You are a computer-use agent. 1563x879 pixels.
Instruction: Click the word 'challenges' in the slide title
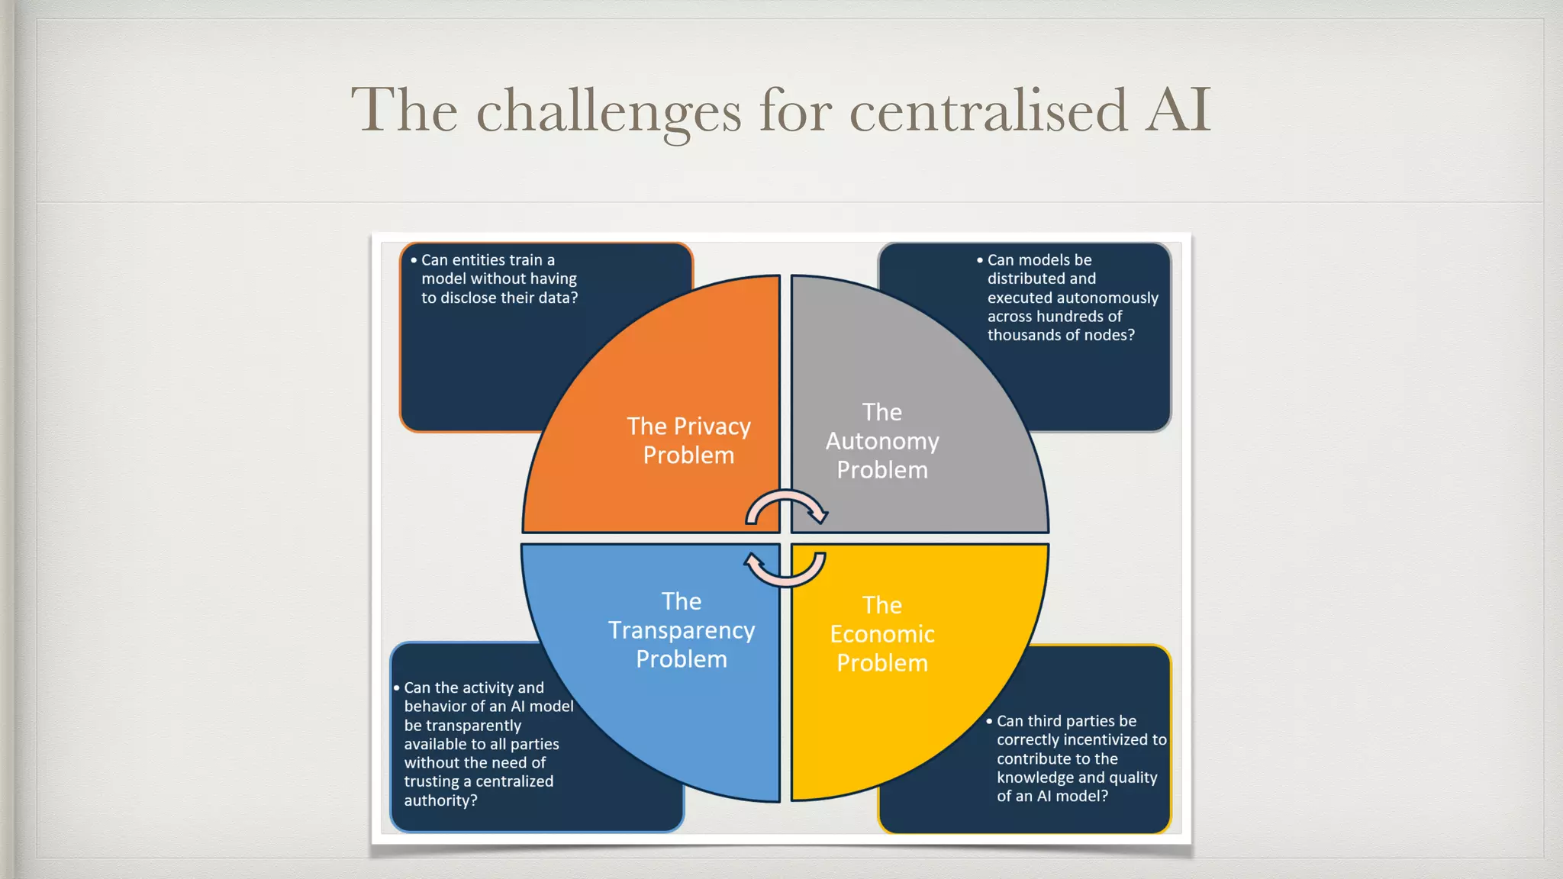click(608, 111)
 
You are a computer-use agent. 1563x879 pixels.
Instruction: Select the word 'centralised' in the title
click(988, 111)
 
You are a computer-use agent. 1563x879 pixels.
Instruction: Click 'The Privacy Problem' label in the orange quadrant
click(688, 440)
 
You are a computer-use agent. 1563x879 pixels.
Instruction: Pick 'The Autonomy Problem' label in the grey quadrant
click(882, 441)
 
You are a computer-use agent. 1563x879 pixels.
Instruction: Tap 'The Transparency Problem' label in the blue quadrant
click(682, 630)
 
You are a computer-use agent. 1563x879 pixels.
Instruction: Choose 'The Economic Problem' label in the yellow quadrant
click(882, 634)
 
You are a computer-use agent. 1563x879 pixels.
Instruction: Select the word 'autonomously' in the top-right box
click(1110, 298)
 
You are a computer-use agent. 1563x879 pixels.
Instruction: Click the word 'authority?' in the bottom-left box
click(440, 800)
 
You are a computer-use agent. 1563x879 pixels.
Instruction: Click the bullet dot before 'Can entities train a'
click(414, 260)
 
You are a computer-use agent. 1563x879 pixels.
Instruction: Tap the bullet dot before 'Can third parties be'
click(989, 721)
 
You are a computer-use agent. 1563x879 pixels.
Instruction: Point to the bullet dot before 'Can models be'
click(980, 260)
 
